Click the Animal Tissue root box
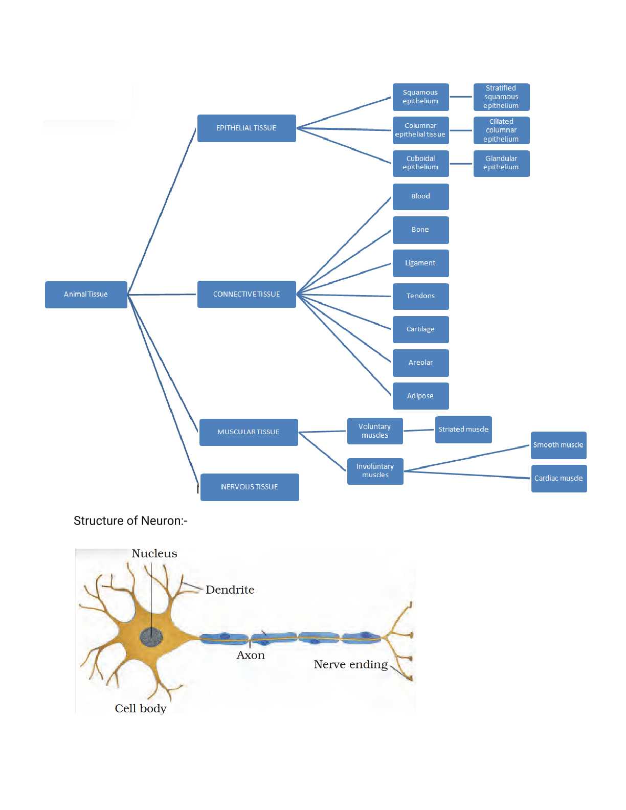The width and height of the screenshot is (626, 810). click(86, 295)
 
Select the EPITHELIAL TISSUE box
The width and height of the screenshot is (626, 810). click(247, 128)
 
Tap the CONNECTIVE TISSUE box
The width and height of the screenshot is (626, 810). click(247, 295)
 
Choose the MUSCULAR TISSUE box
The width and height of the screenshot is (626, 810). click(249, 432)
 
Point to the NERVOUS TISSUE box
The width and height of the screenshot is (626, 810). click(250, 487)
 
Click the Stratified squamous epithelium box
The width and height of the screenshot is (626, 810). click(501, 97)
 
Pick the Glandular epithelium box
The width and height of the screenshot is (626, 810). click(501, 163)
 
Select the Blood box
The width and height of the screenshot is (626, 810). click(420, 196)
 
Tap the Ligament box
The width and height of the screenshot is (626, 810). click(420, 263)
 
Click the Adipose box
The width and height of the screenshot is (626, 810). click(420, 396)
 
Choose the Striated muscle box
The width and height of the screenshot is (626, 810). click(463, 430)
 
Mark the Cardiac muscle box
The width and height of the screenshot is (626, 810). click(558, 479)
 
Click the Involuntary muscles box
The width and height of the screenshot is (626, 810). click(375, 471)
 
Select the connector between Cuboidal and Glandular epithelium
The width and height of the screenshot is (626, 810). click(461, 164)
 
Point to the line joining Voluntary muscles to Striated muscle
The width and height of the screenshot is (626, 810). click(419, 431)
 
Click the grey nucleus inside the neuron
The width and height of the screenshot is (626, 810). click(151, 637)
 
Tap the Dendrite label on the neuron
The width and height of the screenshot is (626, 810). click(230, 590)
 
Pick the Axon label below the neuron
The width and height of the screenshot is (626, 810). click(251, 656)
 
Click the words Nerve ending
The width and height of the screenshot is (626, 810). click(351, 665)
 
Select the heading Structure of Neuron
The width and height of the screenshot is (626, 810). click(130, 521)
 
